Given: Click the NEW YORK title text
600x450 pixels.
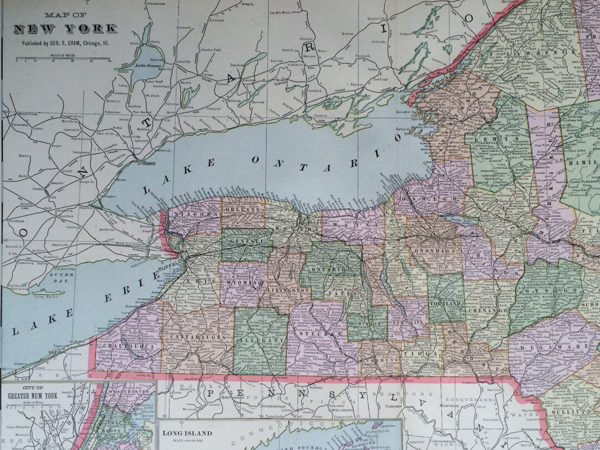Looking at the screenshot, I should pyautogui.click(x=65, y=28).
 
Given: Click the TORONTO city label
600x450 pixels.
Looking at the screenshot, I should pyautogui.click(x=148, y=164).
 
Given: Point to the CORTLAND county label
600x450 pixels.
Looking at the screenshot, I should pyautogui.click(x=446, y=304).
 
